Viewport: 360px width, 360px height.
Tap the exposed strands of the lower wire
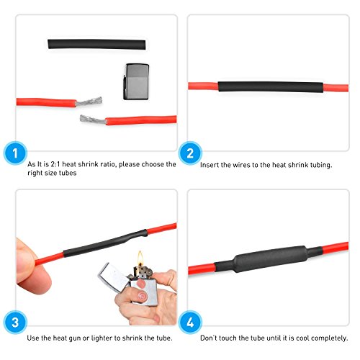[x=88, y=118]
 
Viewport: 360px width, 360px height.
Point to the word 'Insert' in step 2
[x=212, y=165]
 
